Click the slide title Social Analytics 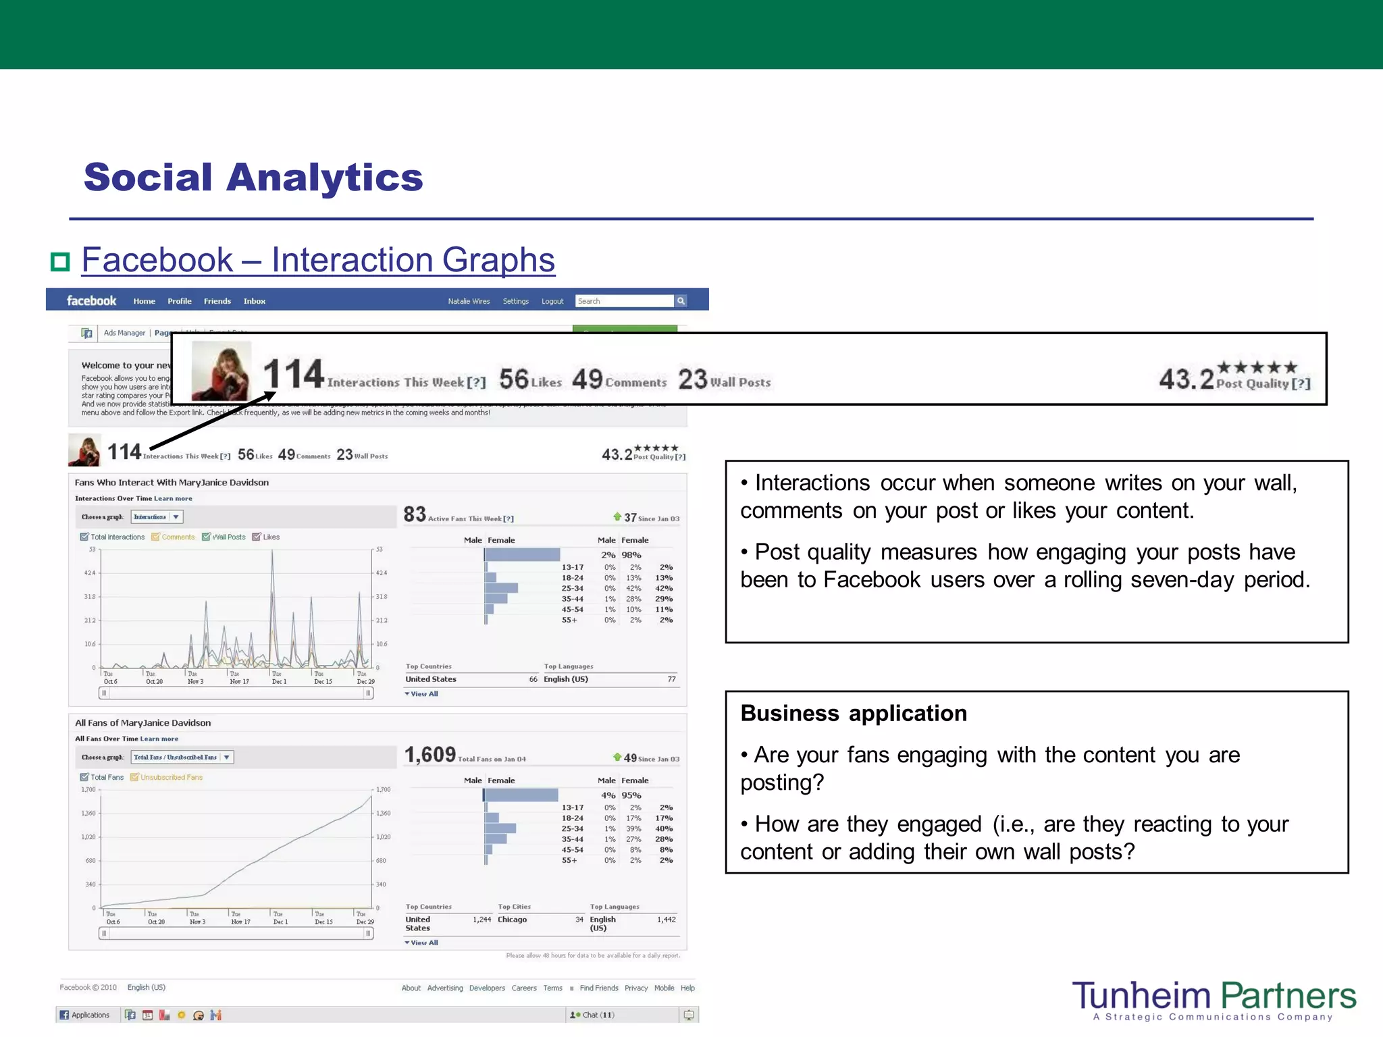[253, 178]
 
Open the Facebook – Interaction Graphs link [318, 260]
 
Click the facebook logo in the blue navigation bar [91, 301]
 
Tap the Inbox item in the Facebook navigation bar [254, 301]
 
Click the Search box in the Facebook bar [625, 301]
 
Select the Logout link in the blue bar [552, 301]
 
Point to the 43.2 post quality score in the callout [1186, 379]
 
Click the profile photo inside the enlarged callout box [221, 371]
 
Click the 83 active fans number [415, 514]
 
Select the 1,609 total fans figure [430, 755]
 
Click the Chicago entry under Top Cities [512, 920]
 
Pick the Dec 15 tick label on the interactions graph [323, 681]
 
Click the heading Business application [854, 714]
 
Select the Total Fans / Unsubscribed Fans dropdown [182, 757]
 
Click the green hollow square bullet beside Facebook [61, 262]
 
